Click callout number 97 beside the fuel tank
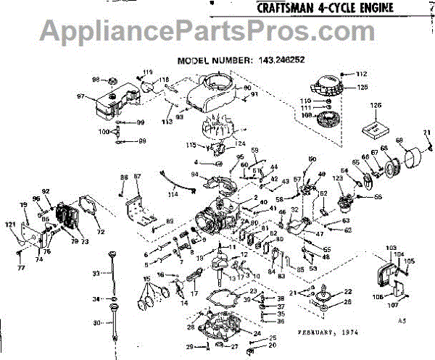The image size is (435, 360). [81, 95]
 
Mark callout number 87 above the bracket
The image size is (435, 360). [137, 177]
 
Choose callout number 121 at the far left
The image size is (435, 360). [11, 226]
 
